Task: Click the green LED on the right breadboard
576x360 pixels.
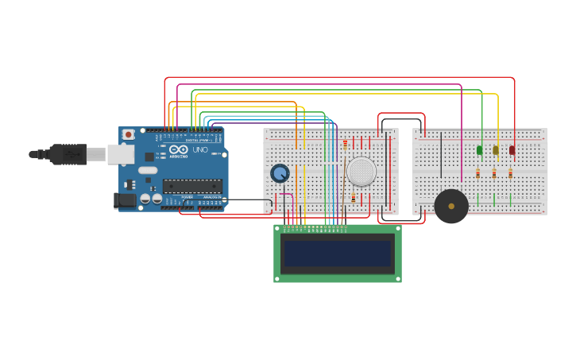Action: tap(479, 149)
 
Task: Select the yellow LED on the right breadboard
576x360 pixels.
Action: tap(495, 149)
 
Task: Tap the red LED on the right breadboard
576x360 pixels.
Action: tap(512, 149)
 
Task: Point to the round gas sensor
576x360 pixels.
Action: tap(361, 172)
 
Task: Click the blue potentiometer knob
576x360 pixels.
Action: tap(280, 173)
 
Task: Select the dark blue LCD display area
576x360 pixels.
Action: tap(338, 254)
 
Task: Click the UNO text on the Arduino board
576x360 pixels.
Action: tap(199, 149)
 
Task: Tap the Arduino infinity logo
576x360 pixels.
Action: tap(179, 149)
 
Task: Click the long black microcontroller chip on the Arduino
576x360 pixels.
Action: tap(192, 186)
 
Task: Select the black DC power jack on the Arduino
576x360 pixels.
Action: tap(126, 199)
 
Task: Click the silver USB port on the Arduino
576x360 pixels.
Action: tap(120, 153)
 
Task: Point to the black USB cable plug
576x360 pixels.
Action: tap(67, 153)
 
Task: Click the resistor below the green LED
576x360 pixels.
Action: tap(477, 173)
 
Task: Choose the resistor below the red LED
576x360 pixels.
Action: tap(510, 173)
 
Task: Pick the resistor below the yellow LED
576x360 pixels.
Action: tap(494, 173)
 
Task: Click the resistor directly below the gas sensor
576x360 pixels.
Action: tap(354, 198)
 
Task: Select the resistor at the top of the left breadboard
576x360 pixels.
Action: tap(345, 144)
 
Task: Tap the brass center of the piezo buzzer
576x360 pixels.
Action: tap(451, 206)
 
